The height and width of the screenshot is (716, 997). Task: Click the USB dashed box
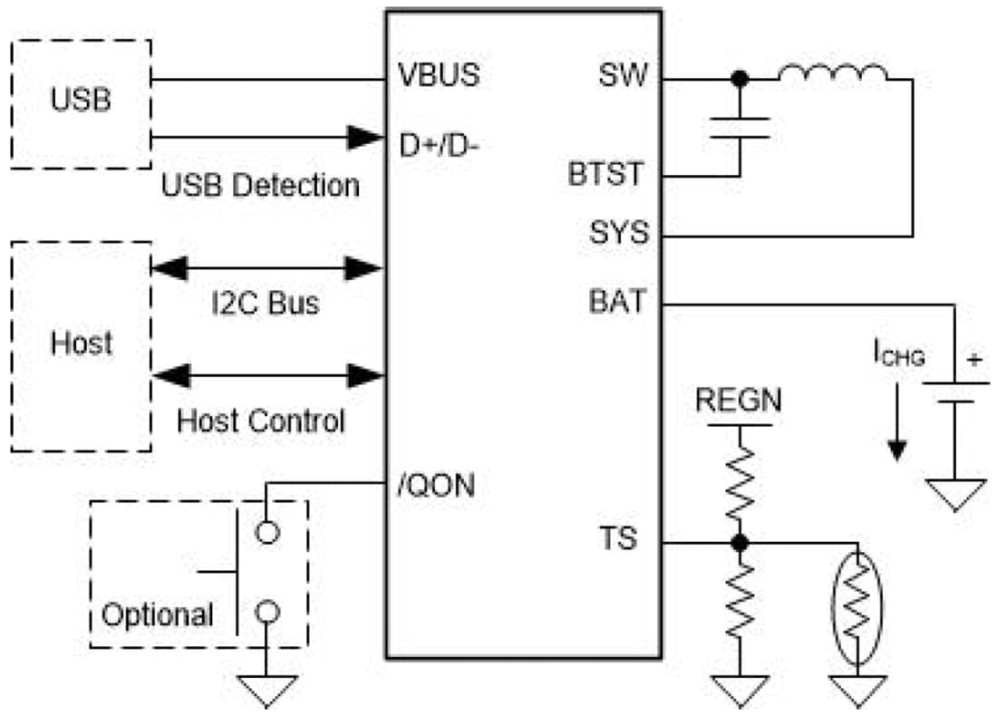point(81,102)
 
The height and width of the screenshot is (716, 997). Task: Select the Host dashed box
point(81,345)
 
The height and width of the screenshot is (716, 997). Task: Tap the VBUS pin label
point(440,76)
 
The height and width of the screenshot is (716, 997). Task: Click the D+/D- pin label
point(439,143)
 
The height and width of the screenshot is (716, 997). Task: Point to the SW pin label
point(624,76)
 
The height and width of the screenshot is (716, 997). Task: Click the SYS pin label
point(619,233)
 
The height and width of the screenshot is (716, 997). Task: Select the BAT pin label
point(619,301)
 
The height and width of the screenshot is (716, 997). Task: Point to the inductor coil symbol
point(832,73)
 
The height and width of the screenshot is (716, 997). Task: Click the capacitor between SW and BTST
point(740,128)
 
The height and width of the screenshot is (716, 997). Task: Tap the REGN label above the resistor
point(738,401)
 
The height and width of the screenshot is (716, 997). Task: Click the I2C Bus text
point(265,302)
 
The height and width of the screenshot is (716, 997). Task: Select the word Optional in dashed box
point(158,615)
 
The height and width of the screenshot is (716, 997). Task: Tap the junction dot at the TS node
point(740,542)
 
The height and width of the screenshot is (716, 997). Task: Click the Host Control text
point(261,421)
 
